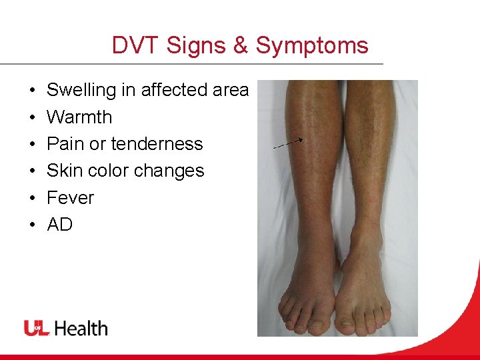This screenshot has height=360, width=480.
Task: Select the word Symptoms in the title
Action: tap(311, 45)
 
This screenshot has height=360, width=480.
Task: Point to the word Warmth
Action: tap(79, 117)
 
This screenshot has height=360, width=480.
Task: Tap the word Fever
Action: tap(70, 198)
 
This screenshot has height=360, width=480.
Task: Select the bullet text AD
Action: tap(59, 225)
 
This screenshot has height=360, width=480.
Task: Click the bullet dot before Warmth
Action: tap(32, 117)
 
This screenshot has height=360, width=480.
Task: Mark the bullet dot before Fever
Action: tap(32, 198)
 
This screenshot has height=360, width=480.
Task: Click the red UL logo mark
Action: tap(37, 328)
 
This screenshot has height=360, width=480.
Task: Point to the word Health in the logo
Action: tap(81, 328)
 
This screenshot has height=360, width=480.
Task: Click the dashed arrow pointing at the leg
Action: tap(289, 142)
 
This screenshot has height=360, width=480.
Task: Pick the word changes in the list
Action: tap(173, 171)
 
